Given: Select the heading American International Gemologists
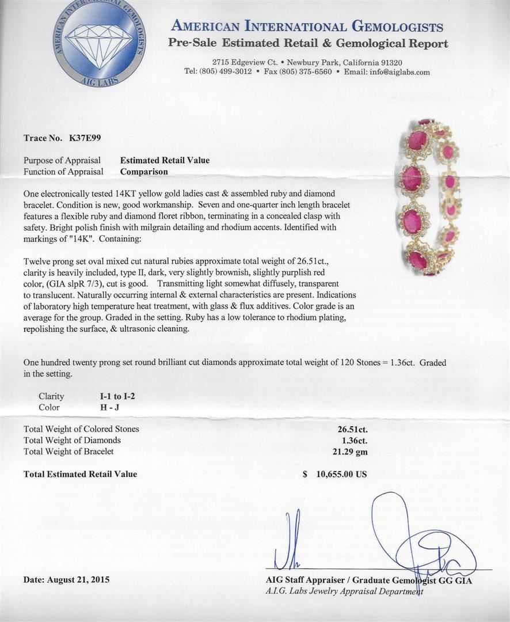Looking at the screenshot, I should [x=307, y=26].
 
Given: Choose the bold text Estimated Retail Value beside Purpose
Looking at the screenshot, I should [x=165, y=160].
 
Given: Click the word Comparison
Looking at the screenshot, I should [x=144, y=172].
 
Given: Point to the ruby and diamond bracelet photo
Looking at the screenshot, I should [x=432, y=197].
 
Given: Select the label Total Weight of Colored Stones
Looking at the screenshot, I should [x=81, y=429].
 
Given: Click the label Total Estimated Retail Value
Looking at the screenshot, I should [x=80, y=474].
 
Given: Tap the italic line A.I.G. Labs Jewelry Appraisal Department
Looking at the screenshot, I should [x=344, y=591].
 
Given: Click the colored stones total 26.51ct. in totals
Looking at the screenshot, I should [x=352, y=429].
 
